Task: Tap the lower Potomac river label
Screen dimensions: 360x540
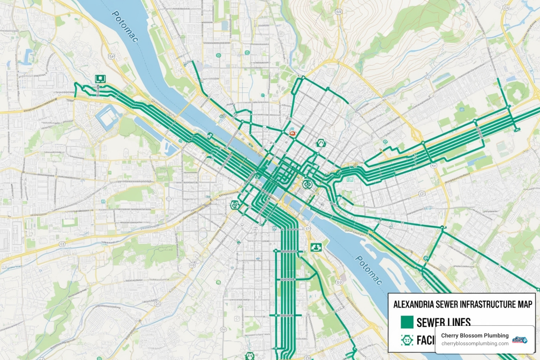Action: (x=368, y=270)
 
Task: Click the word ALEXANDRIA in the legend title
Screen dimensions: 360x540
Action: (x=413, y=304)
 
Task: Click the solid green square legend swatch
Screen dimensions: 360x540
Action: (x=407, y=322)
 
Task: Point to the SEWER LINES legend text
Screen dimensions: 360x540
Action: (x=443, y=322)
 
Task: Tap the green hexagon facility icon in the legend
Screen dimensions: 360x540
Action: (x=407, y=340)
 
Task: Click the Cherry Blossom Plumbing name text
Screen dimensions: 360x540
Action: (x=475, y=335)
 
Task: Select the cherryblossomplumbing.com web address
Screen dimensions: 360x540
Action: (x=475, y=343)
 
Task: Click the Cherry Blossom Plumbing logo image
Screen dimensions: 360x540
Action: (x=520, y=339)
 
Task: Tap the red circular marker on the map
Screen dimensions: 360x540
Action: (x=292, y=134)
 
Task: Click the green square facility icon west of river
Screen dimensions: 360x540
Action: (x=100, y=78)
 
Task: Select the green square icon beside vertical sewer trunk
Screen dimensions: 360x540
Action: (x=316, y=247)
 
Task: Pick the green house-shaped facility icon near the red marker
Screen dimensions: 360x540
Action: (x=320, y=143)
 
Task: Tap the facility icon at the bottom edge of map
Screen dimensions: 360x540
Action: (x=250, y=356)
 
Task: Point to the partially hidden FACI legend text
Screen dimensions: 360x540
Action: (x=425, y=340)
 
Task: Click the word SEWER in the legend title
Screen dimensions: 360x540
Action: (x=446, y=304)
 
